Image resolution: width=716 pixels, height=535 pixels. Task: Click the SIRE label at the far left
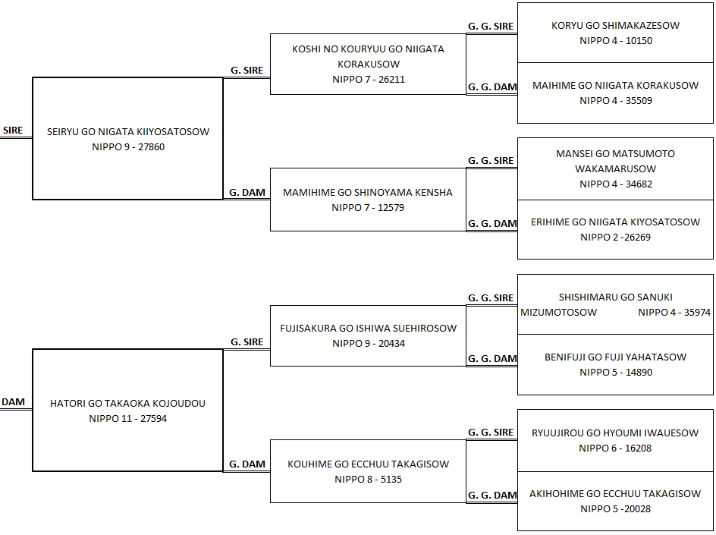coord(13,131)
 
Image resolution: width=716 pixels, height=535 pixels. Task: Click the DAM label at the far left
coord(13,402)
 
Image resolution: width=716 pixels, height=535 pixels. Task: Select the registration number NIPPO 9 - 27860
coord(128,147)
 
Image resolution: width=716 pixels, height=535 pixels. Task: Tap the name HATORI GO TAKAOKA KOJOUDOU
coord(128,404)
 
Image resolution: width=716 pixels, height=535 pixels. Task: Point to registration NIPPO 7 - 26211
coord(369,80)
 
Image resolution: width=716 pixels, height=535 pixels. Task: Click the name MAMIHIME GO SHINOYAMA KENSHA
coord(368,192)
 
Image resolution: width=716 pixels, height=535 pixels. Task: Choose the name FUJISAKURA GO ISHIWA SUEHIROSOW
coord(368,328)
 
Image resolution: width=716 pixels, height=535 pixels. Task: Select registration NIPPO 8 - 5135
coord(368,480)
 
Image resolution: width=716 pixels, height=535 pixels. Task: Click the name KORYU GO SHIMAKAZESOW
coord(616,26)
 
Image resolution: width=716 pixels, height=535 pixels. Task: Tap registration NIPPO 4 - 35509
coord(616,100)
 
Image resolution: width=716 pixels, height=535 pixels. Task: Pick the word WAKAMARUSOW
coord(616,169)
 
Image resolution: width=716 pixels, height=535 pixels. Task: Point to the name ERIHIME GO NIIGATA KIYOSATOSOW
coord(616,222)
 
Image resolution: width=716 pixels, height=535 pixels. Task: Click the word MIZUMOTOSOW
coord(558,313)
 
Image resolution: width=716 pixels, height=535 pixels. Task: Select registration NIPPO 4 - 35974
coord(674,313)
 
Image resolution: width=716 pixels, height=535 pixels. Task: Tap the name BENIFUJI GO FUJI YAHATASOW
coord(616,357)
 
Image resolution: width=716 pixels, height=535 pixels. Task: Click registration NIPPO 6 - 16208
coord(615,448)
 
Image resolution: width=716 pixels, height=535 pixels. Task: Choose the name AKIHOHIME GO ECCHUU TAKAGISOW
coord(615,494)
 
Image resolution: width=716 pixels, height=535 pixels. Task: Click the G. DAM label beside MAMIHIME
coord(247,192)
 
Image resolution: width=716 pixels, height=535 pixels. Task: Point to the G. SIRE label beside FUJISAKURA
coord(247,341)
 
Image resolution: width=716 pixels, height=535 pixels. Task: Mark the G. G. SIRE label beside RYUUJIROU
coord(491,433)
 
